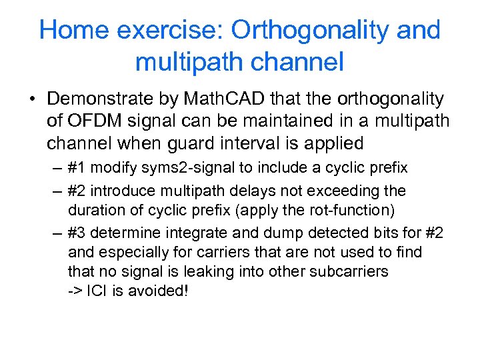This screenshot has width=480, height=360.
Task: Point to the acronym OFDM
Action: click(87, 121)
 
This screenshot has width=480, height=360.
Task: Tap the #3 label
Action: click(78, 233)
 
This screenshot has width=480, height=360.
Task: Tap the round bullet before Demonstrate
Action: click(33, 100)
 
